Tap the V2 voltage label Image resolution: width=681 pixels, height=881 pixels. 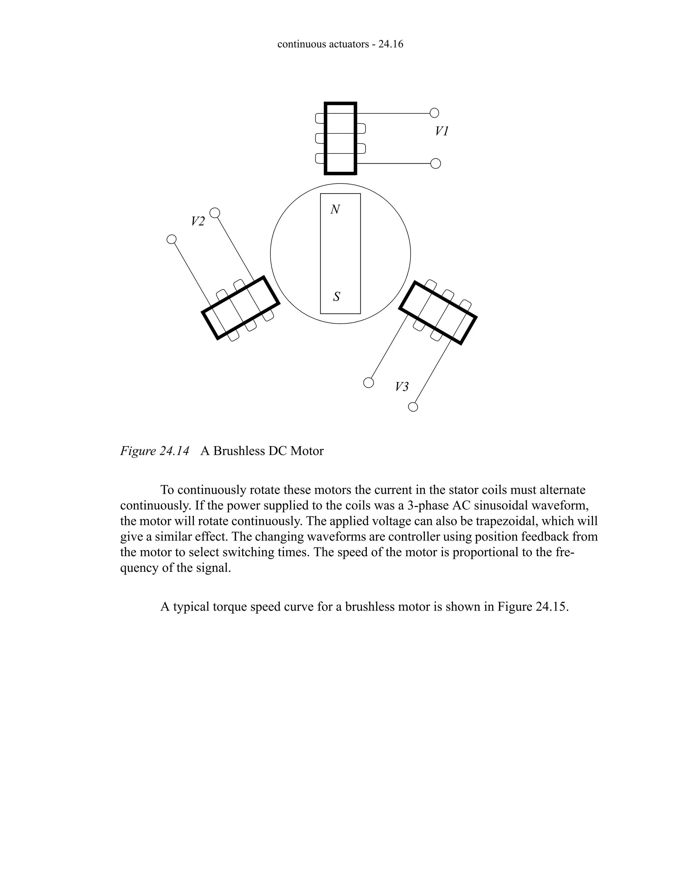point(198,221)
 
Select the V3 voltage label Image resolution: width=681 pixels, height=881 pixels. point(401,387)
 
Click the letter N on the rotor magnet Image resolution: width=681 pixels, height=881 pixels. point(335,210)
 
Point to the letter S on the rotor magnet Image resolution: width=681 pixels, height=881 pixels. point(337,297)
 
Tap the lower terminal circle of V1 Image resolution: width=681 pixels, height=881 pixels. point(436,163)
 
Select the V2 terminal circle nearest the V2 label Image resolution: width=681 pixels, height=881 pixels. point(215,212)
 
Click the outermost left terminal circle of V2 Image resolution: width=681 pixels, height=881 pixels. point(172,239)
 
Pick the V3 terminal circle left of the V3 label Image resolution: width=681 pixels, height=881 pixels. point(368,382)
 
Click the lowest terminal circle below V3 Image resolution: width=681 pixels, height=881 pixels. point(413,407)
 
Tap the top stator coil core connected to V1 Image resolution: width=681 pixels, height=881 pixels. point(340,138)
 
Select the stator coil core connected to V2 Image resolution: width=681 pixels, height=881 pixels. point(240,308)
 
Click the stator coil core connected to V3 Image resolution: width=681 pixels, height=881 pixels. point(438,313)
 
